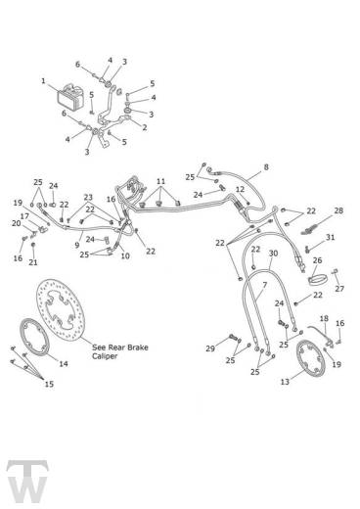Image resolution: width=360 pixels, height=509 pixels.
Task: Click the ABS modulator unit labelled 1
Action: (x=70, y=97)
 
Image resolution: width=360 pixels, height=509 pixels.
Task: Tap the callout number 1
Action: (x=43, y=80)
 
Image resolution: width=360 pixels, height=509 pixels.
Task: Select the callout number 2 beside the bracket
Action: (x=145, y=127)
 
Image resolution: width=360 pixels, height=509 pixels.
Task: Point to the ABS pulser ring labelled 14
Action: (x=34, y=337)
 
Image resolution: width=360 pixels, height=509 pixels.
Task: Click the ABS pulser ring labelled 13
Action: (x=311, y=358)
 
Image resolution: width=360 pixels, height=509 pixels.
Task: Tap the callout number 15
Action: (x=49, y=384)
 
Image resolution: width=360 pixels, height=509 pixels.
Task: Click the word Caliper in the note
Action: (x=105, y=356)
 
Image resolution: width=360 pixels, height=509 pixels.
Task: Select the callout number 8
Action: (x=266, y=167)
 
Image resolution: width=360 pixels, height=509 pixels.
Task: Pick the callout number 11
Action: (x=160, y=181)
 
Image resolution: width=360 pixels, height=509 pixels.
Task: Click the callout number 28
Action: (x=338, y=210)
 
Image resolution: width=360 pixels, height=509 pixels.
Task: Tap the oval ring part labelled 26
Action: (x=317, y=280)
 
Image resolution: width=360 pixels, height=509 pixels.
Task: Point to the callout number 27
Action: (x=339, y=289)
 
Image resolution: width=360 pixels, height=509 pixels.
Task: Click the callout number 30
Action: (x=273, y=254)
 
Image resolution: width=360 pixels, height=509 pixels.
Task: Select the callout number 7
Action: (x=264, y=285)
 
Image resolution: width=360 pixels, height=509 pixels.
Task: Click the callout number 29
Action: (x=210, y=348)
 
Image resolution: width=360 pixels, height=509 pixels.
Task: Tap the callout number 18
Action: (x=324, y=318)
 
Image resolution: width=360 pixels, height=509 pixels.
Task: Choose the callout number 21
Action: (x=33, y=262)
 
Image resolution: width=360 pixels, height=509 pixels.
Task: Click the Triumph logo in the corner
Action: (x=27, y=482)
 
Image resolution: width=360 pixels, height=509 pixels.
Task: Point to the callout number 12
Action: (x=240, y=189)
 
